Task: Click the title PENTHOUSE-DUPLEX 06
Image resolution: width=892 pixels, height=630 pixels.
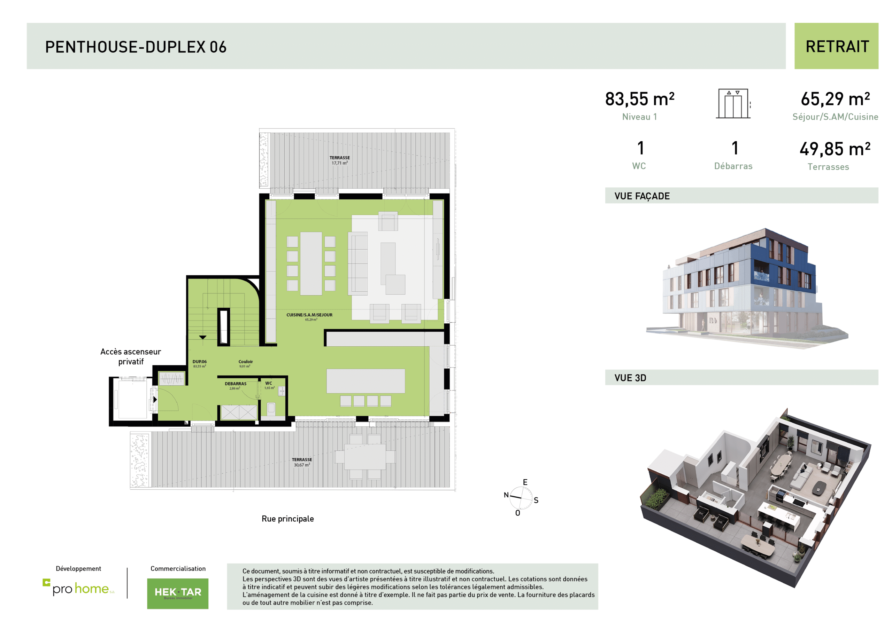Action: pyautogui.click(x=136, y=47)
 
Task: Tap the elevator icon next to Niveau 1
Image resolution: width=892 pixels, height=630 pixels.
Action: pyautogui.click(x=733, y=104)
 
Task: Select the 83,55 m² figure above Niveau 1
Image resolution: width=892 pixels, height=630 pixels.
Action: pyautogui.click(x=639, y=99)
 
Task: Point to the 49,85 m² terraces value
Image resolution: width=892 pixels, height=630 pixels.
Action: pyautogui.click(x=835, y=149)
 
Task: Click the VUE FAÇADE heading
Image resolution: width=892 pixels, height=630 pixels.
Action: pyautogui.click(x=642, y=196)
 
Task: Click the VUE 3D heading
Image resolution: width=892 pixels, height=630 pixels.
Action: pyautogui.click(x=630, y=378)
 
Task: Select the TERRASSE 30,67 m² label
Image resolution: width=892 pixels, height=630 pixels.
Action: pyautogui.click(x=302, y=462)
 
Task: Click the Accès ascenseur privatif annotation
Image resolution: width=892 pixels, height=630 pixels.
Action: pyautogui.click(x=131, y=356)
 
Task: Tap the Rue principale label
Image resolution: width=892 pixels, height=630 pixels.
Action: pyautogui.click(x=287, y=519)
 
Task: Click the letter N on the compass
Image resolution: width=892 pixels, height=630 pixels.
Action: pyautogui.click(x=506, y=495)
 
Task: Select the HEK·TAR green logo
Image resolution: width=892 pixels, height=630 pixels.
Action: pyautogui.click(x=178, y=593)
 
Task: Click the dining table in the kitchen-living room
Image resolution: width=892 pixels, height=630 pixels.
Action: pyautogui.click(x=311, y=263)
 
